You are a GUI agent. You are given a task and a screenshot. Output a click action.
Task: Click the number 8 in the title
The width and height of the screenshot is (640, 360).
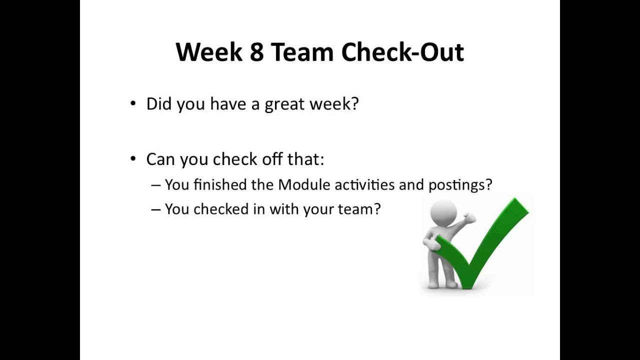(x=256, y=52)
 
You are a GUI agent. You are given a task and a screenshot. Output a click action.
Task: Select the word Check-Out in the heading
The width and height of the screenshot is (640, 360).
(x=402, y=52)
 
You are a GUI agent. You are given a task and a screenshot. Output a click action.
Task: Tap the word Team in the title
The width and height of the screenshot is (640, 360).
(x=302, y=52)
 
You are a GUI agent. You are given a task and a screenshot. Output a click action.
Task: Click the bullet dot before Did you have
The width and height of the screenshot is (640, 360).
(x=132, y=103)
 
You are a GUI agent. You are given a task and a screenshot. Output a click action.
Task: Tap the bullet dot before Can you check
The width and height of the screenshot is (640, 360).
(x=132, y=158)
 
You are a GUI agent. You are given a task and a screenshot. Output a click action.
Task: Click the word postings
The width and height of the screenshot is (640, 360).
(x=456, y=185)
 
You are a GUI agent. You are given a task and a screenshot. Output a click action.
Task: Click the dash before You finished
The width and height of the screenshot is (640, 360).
(x=156, y=185)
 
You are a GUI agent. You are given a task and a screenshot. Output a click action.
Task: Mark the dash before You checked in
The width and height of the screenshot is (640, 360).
(x=156, y=209)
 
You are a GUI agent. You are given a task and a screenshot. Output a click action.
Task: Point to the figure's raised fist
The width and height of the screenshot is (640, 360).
(x=470, y=217)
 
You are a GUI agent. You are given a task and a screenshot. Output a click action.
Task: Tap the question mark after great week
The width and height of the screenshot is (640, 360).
(x=354, y=104)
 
